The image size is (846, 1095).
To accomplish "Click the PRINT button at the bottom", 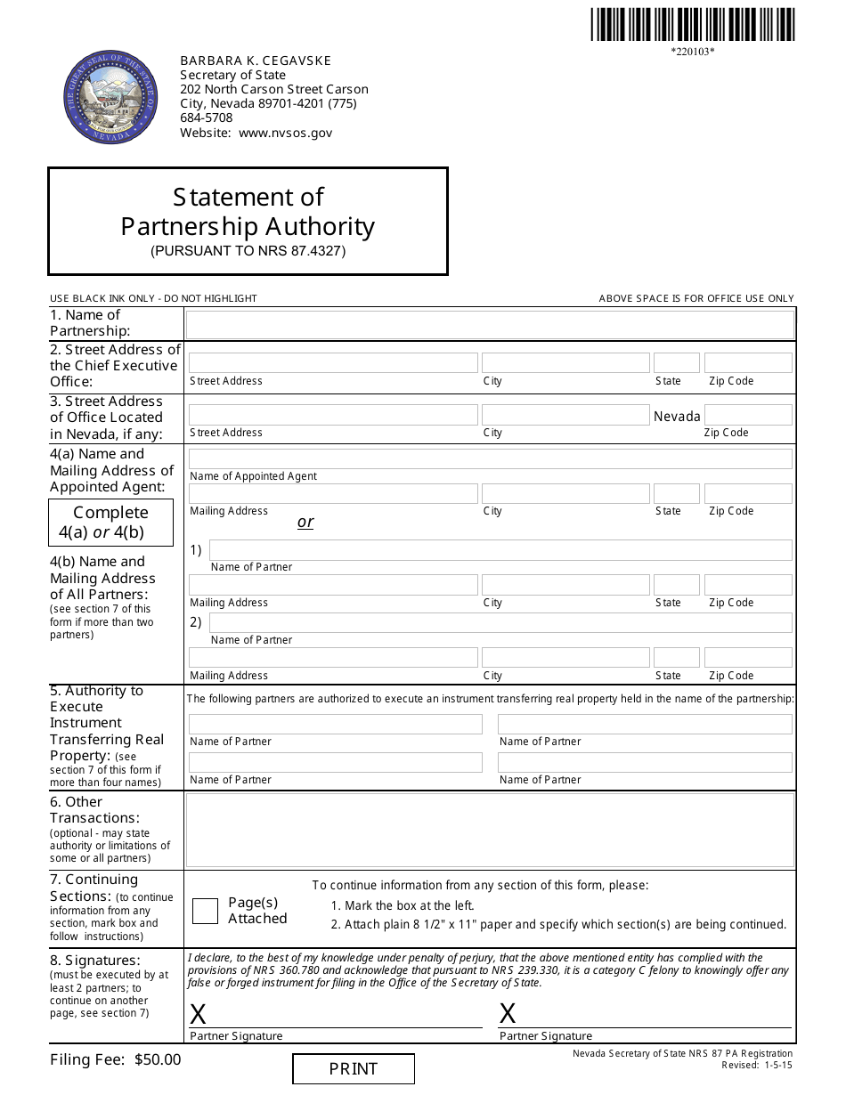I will [x=354, y=1069].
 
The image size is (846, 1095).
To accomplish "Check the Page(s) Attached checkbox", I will [x=205, y=911].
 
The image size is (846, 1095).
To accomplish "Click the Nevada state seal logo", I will [x=110, y=96].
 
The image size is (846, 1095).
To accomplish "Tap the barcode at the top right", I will [x=692, y=25].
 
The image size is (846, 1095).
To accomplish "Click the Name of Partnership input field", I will [x=490, y=324].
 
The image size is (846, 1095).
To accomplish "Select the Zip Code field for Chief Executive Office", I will [x=747, y=363].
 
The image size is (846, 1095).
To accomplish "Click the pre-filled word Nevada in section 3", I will [x=677, y=417].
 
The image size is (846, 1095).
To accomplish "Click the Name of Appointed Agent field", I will [x=490, y=459].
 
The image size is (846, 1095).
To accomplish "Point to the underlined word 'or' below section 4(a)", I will [x=305, y=522].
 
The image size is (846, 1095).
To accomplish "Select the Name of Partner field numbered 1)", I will [x=500, y=550].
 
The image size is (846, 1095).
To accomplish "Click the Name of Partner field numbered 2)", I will [x=500, y=623].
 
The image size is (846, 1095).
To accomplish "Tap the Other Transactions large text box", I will [x=490, y=831].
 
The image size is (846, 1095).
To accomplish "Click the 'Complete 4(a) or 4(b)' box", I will [x=110, y=523].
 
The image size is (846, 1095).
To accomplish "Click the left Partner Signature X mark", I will [x=198, y=1014].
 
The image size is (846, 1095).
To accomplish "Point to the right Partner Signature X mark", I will [x=508, y=1013].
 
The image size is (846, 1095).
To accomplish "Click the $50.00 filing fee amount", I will [x=158, y=1059].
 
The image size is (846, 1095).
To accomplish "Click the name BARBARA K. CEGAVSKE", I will [x=256, y=61].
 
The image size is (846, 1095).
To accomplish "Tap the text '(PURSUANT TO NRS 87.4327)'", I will [x=248, y=251].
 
